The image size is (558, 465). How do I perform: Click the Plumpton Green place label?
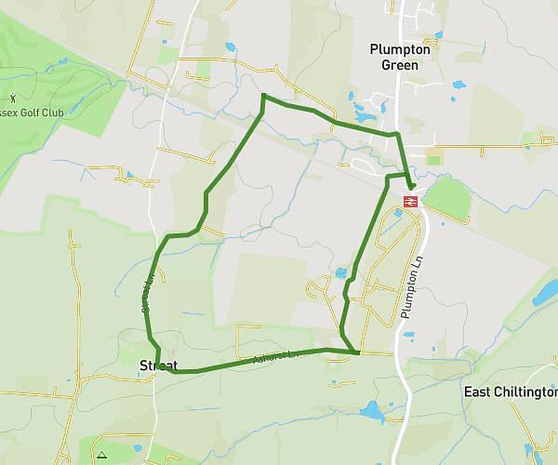[x=401, y=57]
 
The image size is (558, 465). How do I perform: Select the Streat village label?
[x=157, y=365]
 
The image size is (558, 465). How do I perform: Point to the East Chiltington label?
[x=510, y=392]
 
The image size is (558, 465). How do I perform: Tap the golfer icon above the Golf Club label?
[x=12, y=98]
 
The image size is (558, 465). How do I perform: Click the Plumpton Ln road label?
[x=412, y=289]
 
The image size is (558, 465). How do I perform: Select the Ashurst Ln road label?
[x=278, y=356]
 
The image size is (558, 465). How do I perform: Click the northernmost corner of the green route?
[x=264, y=95]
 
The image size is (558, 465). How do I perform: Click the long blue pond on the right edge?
[x=541, y=296]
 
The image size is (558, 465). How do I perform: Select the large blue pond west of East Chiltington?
[x=373, y=410]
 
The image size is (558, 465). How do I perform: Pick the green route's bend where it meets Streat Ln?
[x=167, y=238]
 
